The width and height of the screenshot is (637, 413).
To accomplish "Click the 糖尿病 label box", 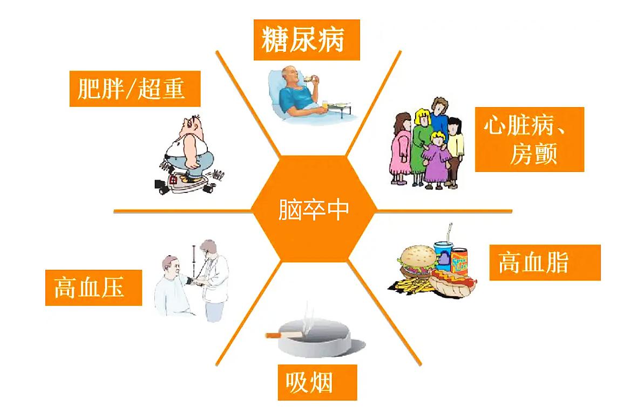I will click(x=306, y=39).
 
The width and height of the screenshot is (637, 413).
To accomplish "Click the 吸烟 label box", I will click(x=317, y=382).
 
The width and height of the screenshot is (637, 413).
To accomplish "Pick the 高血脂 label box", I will click(x=544, y=263).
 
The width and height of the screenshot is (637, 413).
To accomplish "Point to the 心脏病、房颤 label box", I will click(x=529, y=139).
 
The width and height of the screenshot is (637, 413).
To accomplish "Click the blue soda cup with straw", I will click(x=442, y=254).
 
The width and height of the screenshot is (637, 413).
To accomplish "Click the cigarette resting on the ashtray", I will click(x=283, y=335).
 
